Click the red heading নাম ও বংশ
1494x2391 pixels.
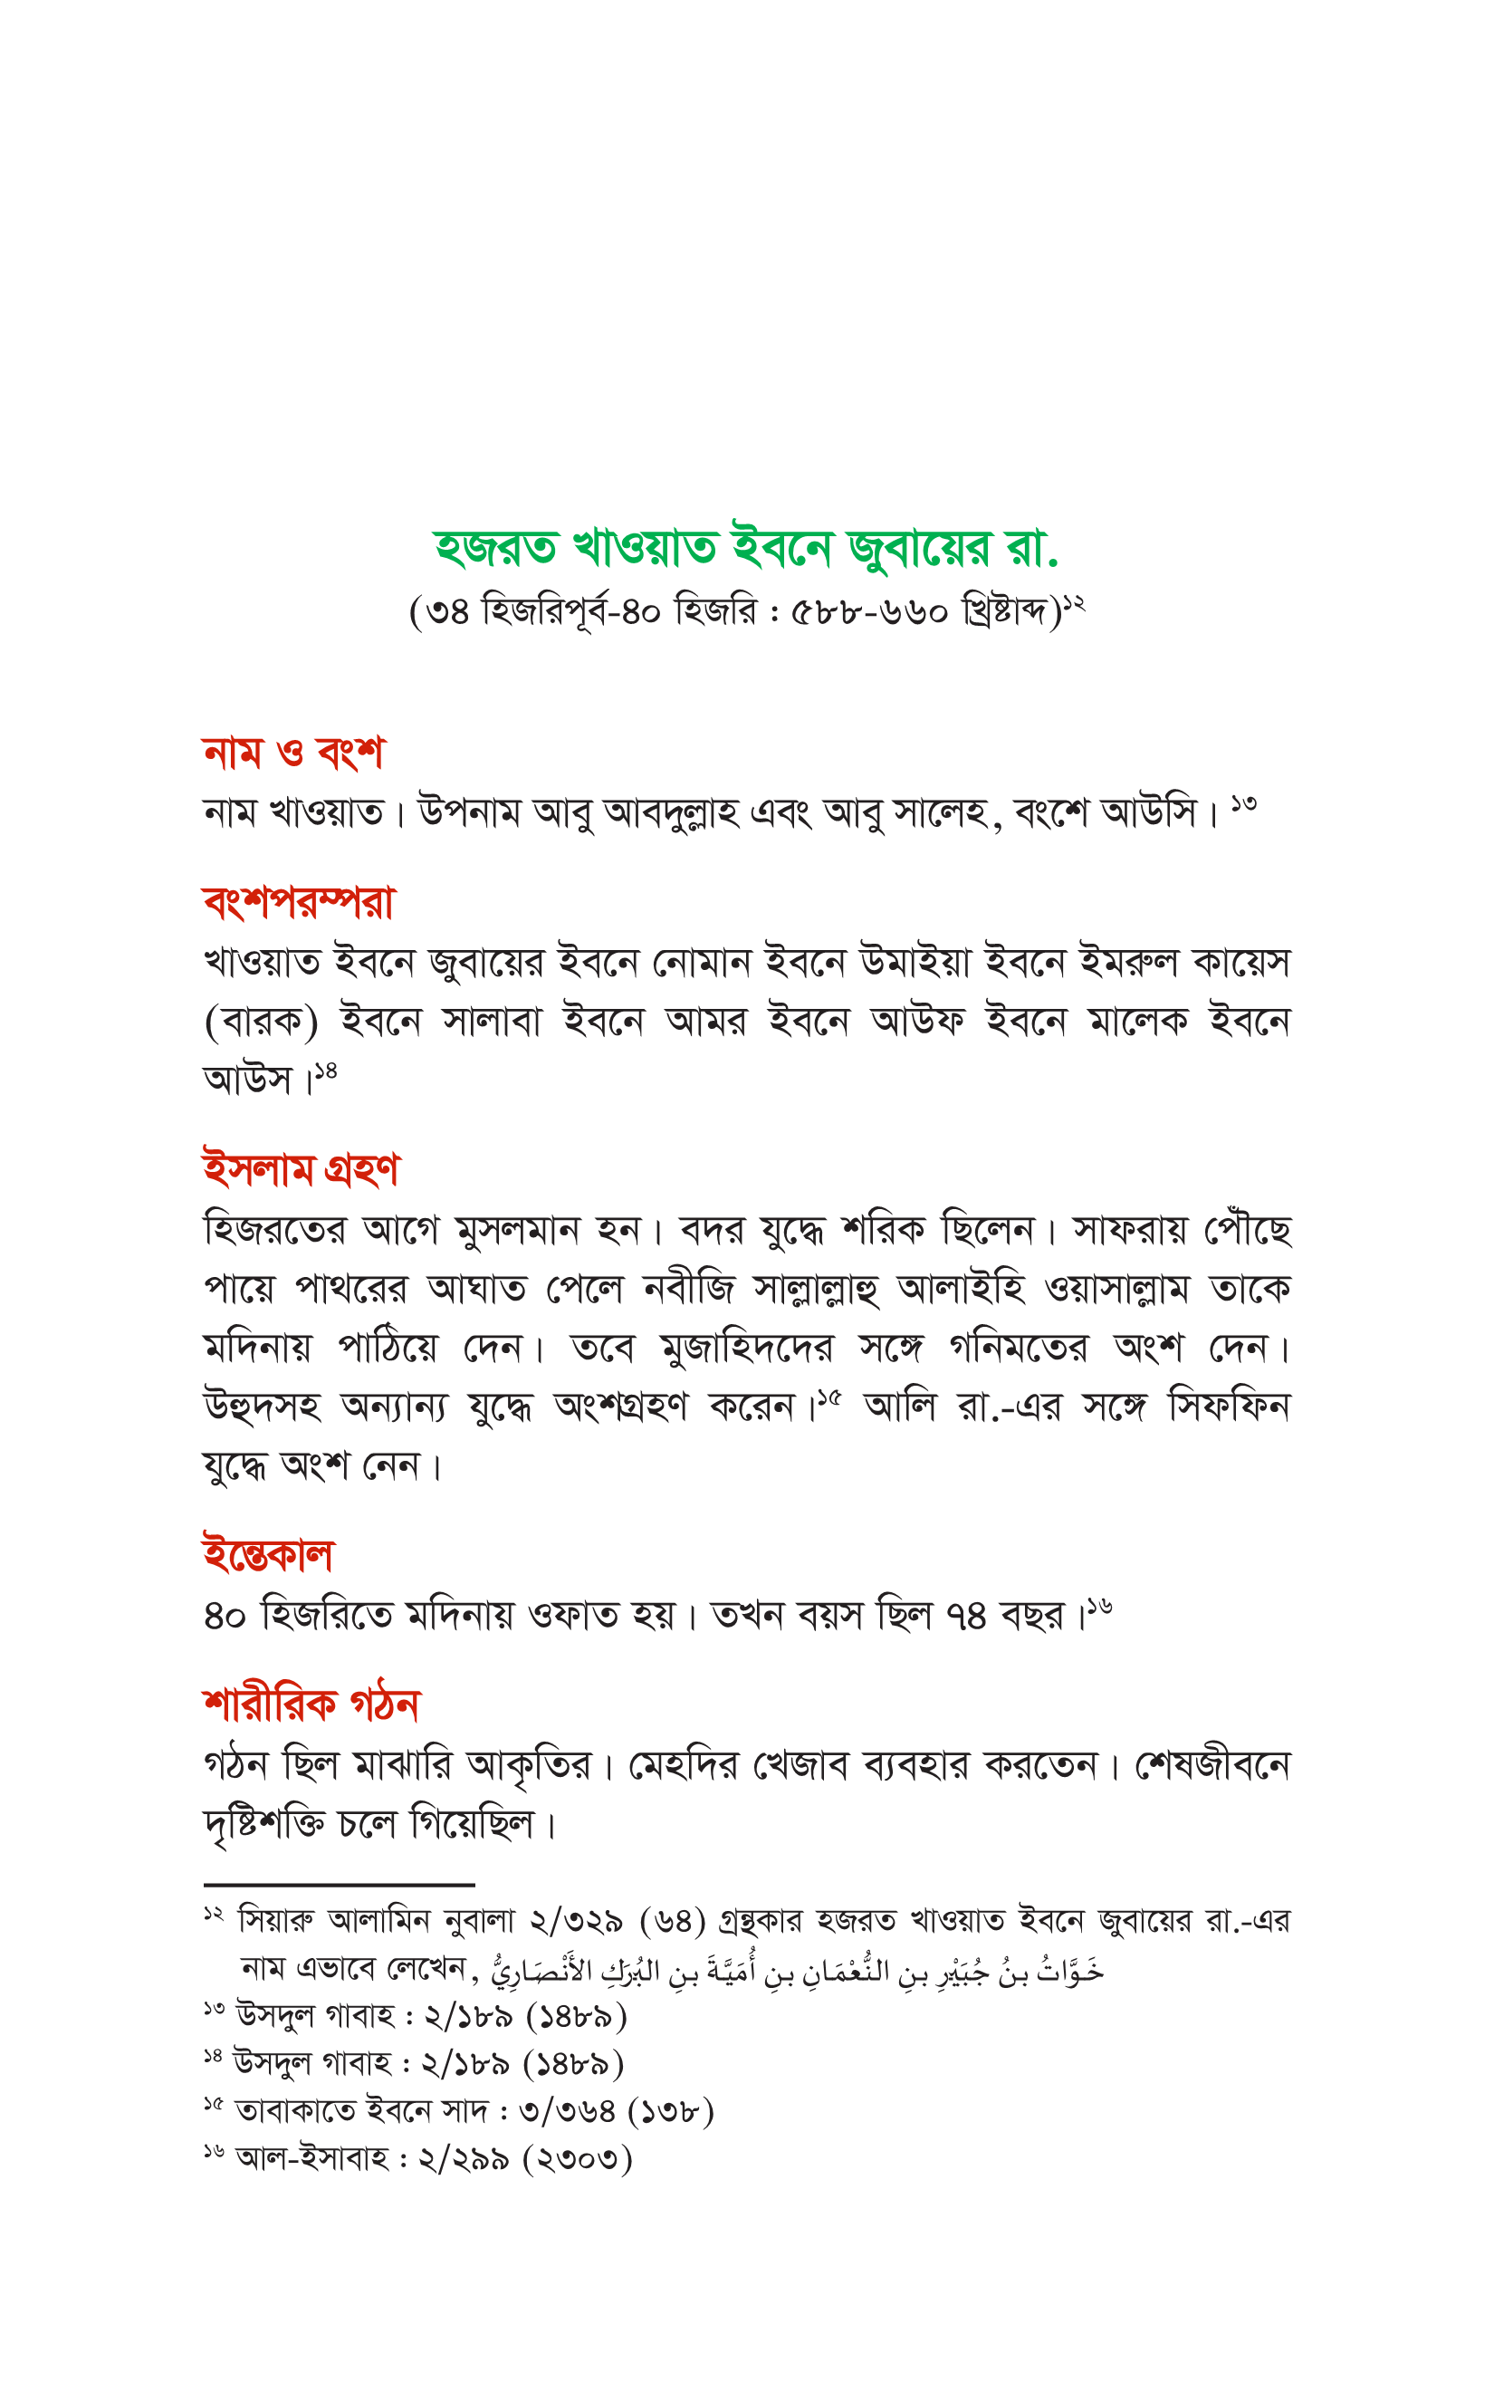point(292,753)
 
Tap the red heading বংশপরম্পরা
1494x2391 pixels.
point(299,901)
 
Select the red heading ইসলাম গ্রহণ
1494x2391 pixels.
point(301,1169)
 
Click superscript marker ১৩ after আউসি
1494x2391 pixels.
point(1244,804)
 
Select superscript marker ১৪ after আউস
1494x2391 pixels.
point(325,1070)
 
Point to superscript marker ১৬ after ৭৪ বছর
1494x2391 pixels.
point(1101,1608)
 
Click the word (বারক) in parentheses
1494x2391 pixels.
point(261,1022)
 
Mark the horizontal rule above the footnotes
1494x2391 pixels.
point(339,1885)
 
